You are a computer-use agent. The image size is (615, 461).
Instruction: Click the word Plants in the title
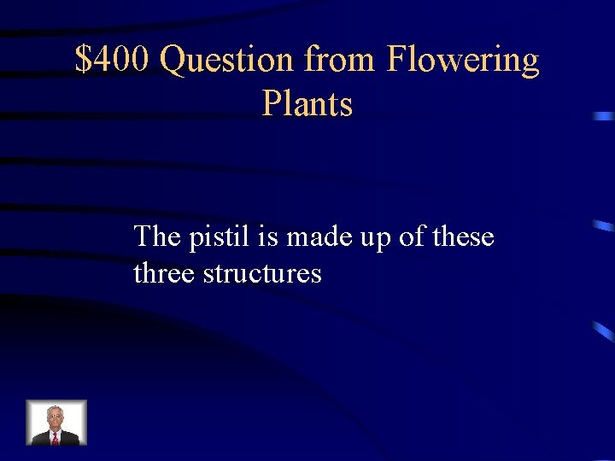[x=307, y=104]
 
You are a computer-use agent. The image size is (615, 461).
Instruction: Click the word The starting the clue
[x=157, y=236]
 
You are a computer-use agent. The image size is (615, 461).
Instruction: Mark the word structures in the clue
[x=262, y=273]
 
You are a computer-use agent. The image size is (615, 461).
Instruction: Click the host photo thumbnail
[x=56, y=423]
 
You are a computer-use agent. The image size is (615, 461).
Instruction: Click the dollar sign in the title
[x=83, y=60]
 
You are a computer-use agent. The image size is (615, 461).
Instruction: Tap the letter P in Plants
[x=272, y=104]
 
